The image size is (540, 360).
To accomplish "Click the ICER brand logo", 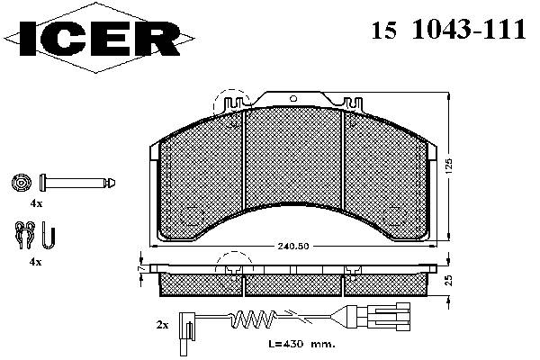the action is point(99,38).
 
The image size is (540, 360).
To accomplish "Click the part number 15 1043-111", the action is point(448,30).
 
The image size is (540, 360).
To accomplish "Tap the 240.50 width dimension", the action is point(293,247).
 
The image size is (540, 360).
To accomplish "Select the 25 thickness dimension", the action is point(448,281).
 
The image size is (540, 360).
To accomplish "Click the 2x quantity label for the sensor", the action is point(162,325).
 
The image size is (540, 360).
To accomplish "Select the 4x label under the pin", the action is point(36,203).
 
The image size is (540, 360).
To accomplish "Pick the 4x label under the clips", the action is point(35,262).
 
